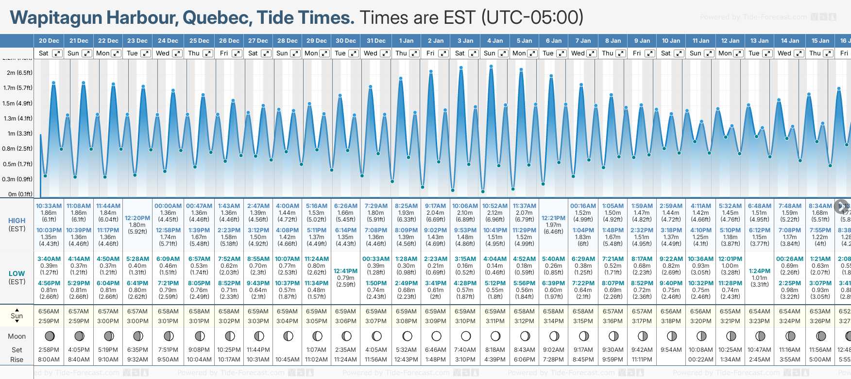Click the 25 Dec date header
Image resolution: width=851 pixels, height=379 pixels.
(199, 41)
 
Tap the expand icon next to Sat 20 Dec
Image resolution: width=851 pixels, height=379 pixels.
(57, 53)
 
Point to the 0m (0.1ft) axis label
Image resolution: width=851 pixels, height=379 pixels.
(20, 194)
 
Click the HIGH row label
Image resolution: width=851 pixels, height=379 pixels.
(17, 221)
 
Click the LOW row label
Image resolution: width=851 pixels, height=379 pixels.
(17, 274)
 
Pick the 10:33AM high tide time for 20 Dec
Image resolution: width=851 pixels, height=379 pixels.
(49, 206)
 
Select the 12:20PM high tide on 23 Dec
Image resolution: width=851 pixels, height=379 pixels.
(137, 218)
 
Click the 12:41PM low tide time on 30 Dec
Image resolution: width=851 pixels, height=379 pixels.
(346, 271)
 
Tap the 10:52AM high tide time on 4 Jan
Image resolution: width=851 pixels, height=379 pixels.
(495, 206)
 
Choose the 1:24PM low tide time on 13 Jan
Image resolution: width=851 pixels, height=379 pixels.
(759, 271)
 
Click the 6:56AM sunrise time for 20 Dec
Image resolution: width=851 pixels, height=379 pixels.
(49, 311)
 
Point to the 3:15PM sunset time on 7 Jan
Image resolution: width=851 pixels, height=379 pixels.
(583, 321)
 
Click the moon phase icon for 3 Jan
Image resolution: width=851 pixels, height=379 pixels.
(465, 336)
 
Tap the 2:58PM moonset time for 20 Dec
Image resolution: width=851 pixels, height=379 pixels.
(49, 350)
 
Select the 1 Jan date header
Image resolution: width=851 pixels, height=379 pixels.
(406, 41)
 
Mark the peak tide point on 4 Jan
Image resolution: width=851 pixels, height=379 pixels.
(491, 67)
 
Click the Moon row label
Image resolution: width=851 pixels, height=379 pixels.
(17, 336)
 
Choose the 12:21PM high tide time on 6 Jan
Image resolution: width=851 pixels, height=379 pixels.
(553, 218)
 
